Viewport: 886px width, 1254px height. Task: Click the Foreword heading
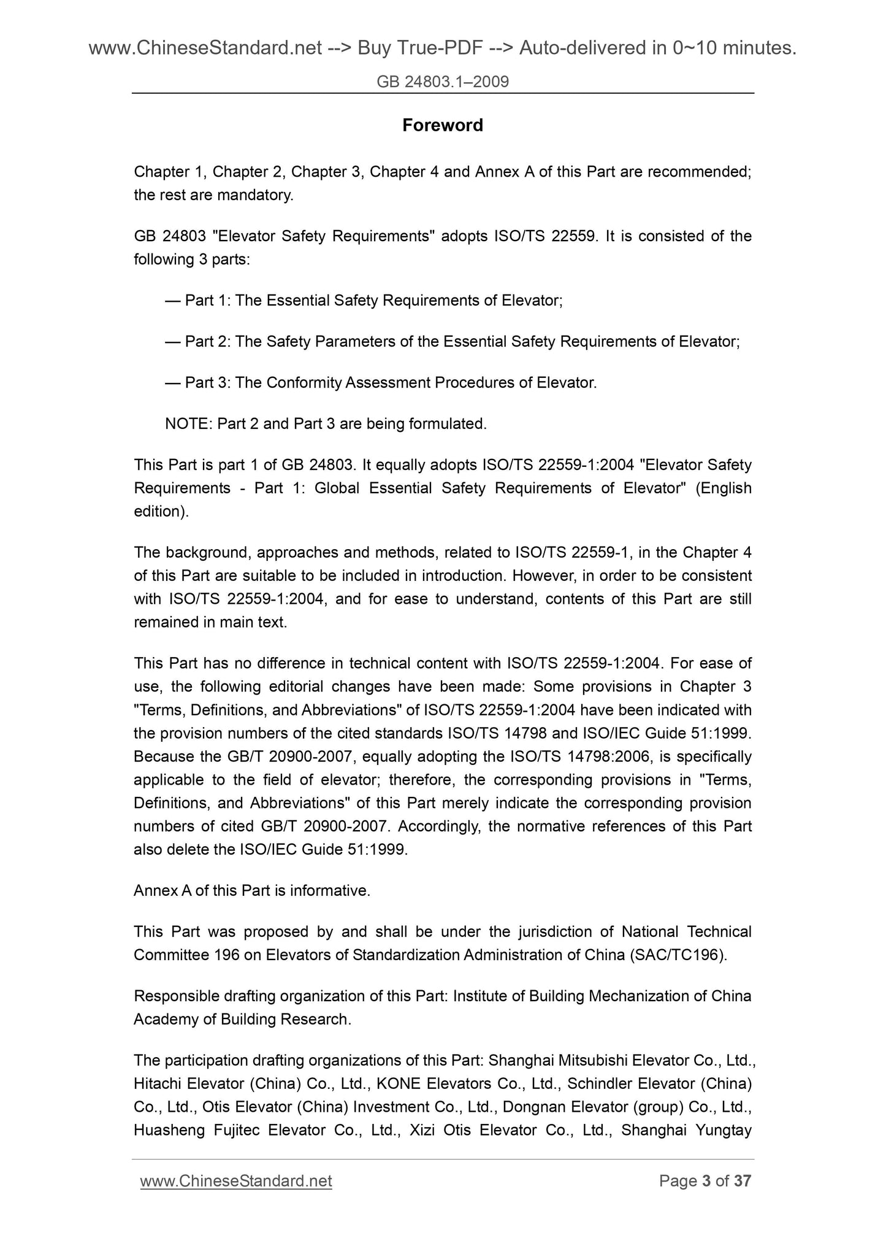pyautogui.click(x=442, y=125)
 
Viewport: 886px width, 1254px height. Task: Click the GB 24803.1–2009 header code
pyautogui.click(x=443, y=82)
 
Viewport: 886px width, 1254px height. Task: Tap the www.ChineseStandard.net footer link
pyautogui.click(x=236, y=1181)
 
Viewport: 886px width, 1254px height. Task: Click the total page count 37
pyautogui.click(x=743, y=1181)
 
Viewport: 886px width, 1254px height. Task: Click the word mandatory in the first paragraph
pyautogui.click(x=256, y=195)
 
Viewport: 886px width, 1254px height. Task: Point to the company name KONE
pyautogui.click(x=399, y=1083)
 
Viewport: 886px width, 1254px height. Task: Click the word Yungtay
pyautogui.click(x=724, y=1130)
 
